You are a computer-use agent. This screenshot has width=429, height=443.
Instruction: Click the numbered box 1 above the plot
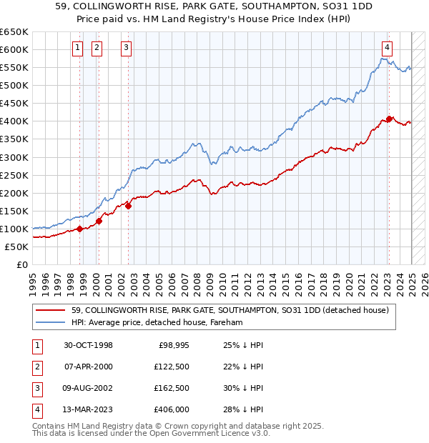[77, 49]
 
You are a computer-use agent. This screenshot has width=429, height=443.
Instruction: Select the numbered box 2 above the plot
[97, 49]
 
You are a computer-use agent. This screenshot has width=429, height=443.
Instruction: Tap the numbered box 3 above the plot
[126, 49]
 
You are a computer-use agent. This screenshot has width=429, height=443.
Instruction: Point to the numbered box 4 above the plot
[386, 49]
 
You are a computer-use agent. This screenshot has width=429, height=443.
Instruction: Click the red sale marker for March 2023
[389, 119]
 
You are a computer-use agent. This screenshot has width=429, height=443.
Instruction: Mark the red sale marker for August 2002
[129, 206]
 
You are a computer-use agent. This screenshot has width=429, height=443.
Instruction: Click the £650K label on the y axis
[14, 32]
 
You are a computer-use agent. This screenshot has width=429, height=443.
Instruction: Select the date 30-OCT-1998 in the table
[88, 345]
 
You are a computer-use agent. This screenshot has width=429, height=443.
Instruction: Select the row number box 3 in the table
[36, 388]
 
